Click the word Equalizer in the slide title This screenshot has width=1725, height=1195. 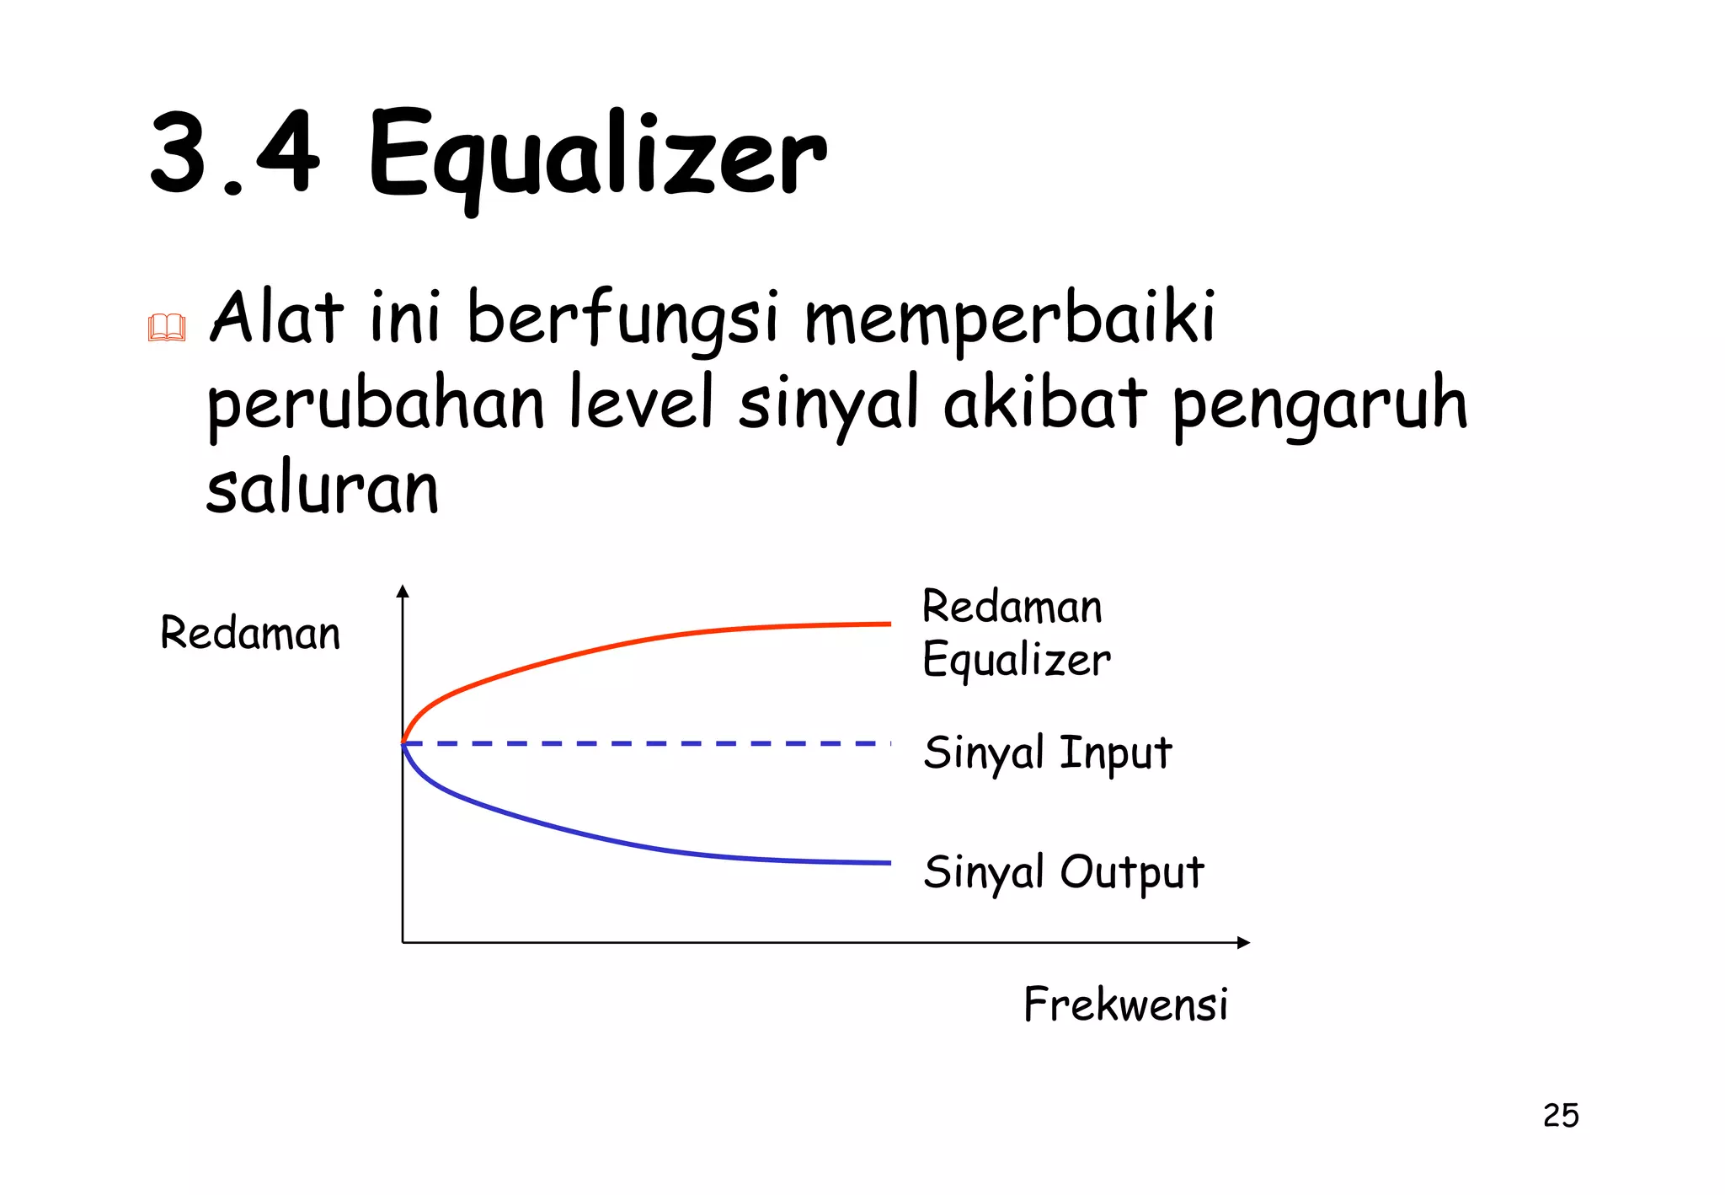click(x=596, y=157)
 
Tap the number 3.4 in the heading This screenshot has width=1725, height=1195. click(x=234, y=153)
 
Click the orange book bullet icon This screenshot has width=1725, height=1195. click(x=166, y=327)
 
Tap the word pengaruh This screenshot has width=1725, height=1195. click(x=1319, y=405)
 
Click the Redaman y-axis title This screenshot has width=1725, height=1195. click(x=250, y=633)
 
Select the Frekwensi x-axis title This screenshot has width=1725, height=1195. click(x=1125, y=1004)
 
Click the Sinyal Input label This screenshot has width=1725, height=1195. click(x=1047, y=752)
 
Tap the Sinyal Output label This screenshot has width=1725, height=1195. click(x=1063, y=871)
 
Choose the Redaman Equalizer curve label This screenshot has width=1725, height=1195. click(x=1015, y=632)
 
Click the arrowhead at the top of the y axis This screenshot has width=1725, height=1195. click(x=403, y=591)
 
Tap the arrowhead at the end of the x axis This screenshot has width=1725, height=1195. click(x=1243, y=942)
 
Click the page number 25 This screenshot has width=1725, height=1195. click(x=1561, y=1115)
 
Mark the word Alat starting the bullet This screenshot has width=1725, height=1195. click(x=276, y=319)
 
